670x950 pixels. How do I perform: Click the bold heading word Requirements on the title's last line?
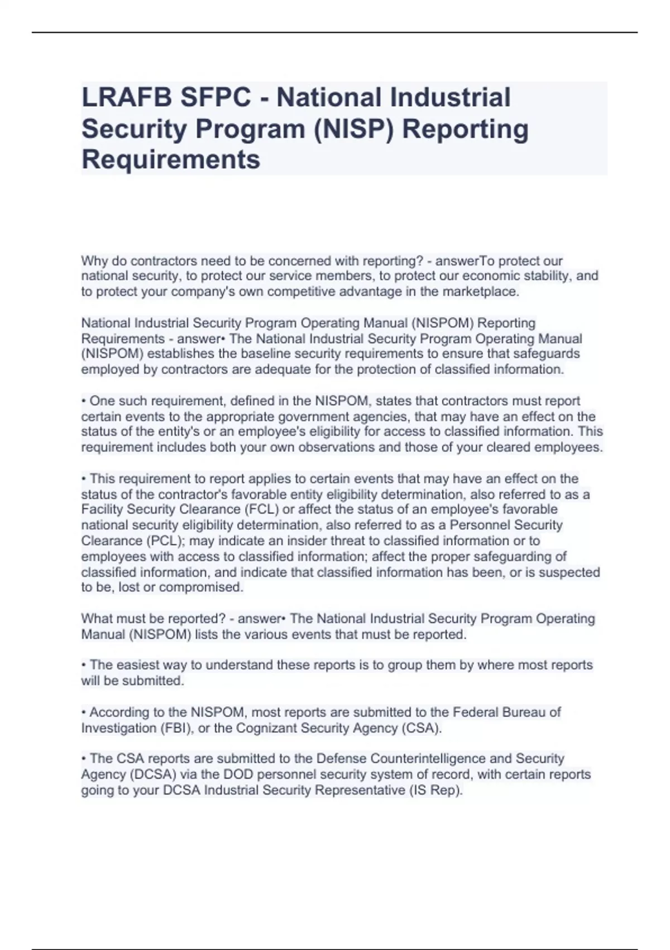[171, 160]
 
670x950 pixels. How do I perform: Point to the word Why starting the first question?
[93, 261]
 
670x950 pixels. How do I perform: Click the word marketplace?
[480, 292]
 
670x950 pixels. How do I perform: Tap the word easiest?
[140, 665]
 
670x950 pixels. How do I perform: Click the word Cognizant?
[267, 728]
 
